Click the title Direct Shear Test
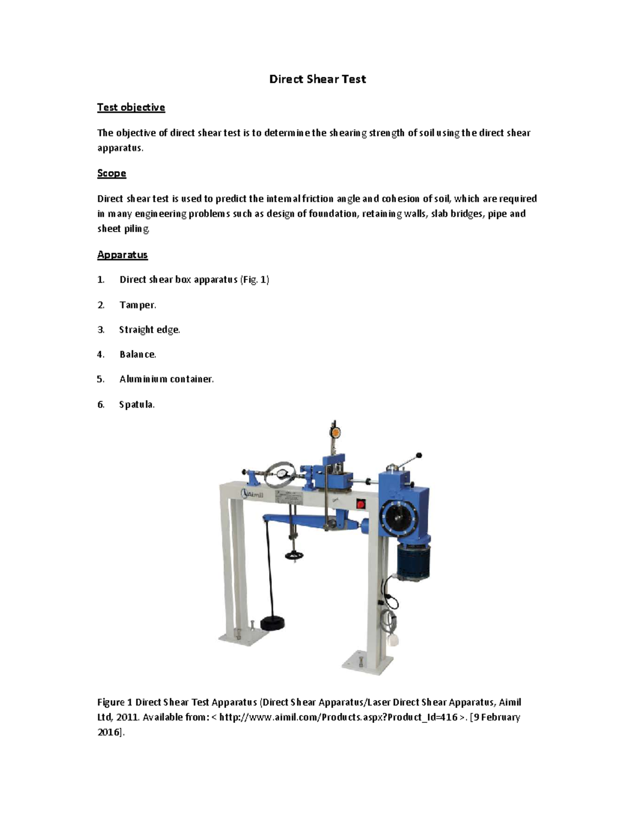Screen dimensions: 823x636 coord(317,79)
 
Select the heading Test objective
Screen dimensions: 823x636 coord(131,108)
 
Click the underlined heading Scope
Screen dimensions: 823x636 coord(111,173)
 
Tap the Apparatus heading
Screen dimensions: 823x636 coord(122,255)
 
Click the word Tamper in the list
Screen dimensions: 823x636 coord(137,305)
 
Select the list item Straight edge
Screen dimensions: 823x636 coord(149,330)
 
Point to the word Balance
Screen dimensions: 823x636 coord(137,354)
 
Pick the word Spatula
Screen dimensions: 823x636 coord(136,404)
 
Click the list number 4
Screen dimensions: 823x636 coord(100,354)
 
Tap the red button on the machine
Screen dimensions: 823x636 coord(361,504)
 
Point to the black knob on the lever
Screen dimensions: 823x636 coord(419,455)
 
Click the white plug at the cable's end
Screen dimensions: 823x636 coord(394,640)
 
